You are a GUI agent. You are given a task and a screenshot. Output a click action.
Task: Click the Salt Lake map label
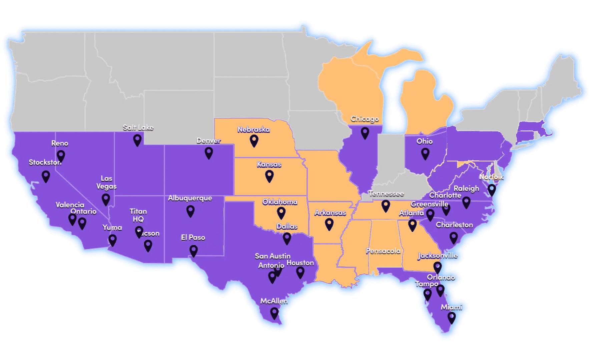pyautogui.click(x=138, y=127)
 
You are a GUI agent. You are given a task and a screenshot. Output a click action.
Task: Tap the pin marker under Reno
pyautogui.click(x=61, y=156)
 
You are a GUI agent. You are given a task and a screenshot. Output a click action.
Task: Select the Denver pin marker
pyautogui.click(x=209, y=153)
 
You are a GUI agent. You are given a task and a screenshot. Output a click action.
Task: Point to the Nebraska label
pyautogui.click(x=253, y=129)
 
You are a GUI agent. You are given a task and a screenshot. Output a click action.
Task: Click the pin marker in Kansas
pyautogui.click(x=269, y=176)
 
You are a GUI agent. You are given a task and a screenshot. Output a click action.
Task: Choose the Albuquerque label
pyautogui.click(x=190, y=198)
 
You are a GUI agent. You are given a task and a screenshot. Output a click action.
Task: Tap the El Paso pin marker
pyautogui.click(x=193, y=250)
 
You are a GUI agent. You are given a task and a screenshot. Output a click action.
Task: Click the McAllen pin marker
pyautogui.click(x=274, y=313)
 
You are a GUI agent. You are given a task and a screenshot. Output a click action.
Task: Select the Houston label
pyautogui.click(x=300, y=263)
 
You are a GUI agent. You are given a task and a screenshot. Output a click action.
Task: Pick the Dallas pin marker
pyautogui.click(x=287, y=238)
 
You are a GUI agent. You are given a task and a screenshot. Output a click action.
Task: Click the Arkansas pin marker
pyautogui.click(x=329, y=224)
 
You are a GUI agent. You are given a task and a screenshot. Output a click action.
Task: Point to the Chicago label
pyautogui.click(x=365, y=119)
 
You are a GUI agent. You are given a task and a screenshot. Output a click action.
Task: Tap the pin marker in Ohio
pyautogui.click(x=425, y=153)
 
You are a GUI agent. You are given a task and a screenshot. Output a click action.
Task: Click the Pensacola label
pyautogui.click(x=383, y=251)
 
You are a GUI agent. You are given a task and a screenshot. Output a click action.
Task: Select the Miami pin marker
pyautogui.click(x=452, y=317)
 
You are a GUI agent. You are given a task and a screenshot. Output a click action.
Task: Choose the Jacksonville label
pyautogui.click(x=438, y=255)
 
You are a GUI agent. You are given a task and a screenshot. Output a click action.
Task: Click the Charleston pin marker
pyautogui.click(x=454, y=237)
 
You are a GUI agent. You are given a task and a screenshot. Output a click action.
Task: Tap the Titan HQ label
pyautogui.click(x=138, y=215)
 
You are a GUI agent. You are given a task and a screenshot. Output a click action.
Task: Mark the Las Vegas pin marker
pyautogui.click(x=106, y=199)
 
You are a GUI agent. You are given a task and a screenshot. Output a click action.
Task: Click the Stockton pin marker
pyautogui.click(x=46, y=176)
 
